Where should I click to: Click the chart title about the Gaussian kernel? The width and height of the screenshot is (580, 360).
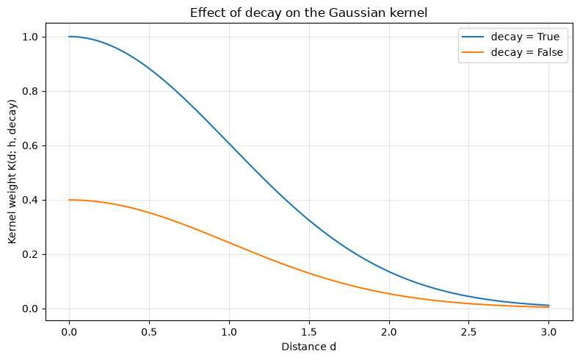[308, 13]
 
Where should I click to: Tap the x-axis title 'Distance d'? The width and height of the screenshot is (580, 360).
[308, 347]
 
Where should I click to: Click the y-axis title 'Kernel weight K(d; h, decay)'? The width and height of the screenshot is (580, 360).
[12, 172]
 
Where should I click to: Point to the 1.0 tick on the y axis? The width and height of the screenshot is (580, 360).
[30, 37]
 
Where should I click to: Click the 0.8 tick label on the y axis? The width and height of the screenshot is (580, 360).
[30, 91]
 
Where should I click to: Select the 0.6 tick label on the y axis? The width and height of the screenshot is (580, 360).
[30, 145]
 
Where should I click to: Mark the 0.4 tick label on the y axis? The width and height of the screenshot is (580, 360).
[30, 200]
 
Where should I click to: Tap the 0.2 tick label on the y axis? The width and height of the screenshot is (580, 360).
[30, 254]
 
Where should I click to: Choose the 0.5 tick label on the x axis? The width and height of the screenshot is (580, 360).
[149, 332]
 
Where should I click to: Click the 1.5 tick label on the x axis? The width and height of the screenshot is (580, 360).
[309, 332]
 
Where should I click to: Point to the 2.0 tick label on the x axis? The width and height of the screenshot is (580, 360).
[389, 332]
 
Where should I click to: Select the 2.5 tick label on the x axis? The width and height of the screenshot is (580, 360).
[468, 332]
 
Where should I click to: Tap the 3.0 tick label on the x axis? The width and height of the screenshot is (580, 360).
[548, 332]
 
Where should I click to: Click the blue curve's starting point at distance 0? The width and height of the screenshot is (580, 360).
[69, 37]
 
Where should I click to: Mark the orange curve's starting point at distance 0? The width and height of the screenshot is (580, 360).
[69, 200]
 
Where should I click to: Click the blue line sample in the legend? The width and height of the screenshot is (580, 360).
[473, 37]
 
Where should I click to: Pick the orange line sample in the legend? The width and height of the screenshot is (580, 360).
[473, 52]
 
